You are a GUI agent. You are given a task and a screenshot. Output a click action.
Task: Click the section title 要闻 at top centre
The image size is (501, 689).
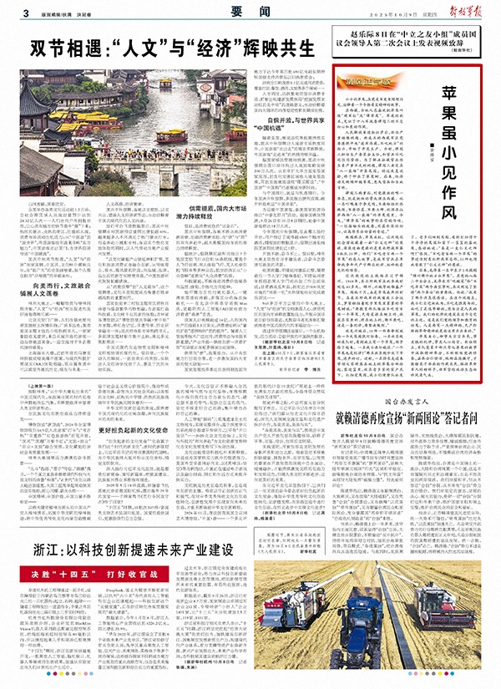250,13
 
